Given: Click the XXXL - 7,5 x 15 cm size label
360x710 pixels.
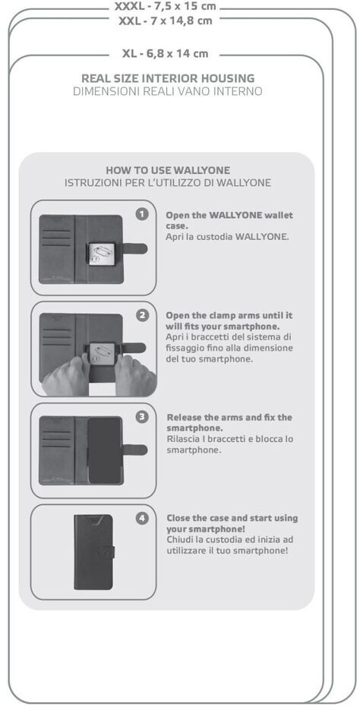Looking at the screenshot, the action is pyautogui.click(x=166, y=7).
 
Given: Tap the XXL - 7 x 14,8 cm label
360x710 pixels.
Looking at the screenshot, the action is pyautogui.click(x=166, y=21).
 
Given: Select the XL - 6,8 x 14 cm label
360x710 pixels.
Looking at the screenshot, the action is pyautogui.click(x=166, y=54).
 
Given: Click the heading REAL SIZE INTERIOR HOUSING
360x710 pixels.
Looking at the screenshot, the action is pyautogui.click(x=168, y=78).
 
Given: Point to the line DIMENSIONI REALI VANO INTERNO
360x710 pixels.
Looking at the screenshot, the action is pyautogui.click(x=168, y=91).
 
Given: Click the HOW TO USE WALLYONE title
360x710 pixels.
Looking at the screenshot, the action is pyautogui.click(x=168, y=170).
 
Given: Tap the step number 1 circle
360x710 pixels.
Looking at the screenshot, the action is pyautogui.click(x=142, y=214).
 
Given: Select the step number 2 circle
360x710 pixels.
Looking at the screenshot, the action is pyautogui.click(x=142, y=316).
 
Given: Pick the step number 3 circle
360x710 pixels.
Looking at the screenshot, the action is pyautogui.click(x=142, y=417).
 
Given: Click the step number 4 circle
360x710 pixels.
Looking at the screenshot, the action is pyautogui.click(x=142, y=519).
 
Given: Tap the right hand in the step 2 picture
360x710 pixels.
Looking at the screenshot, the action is pyautogui.click(x=135, y=377).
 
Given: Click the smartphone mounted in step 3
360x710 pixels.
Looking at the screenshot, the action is pyautogui.click(x=105, y=451).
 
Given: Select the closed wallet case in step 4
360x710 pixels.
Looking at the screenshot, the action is pyautogui.click(x=94, y=552).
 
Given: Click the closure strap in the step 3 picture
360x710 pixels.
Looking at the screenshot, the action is pyautogui.click(x=134, y=450).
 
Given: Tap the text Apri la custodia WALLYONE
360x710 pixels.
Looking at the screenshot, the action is pyautogui.click(x=227, y=237).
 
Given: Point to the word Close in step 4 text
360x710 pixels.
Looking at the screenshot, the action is pyautogui.click(x=178, y=518).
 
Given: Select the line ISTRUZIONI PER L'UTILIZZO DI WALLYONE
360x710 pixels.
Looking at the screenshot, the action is pyautogui.click(x=168, y=184).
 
